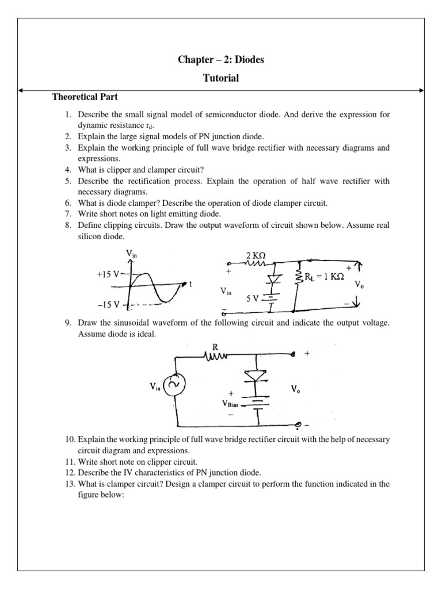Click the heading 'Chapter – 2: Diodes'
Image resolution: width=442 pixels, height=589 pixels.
[x=221, y=60]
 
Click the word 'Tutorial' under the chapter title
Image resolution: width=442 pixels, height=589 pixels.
[x=221, y=78]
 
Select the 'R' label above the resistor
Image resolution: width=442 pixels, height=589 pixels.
[x=216, y=347]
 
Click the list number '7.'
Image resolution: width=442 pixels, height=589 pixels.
[x=67, y=213]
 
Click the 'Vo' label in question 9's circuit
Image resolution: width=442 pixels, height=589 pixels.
[x=295, y=389]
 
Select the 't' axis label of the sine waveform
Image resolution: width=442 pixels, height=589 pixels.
[x=190, y=284]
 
